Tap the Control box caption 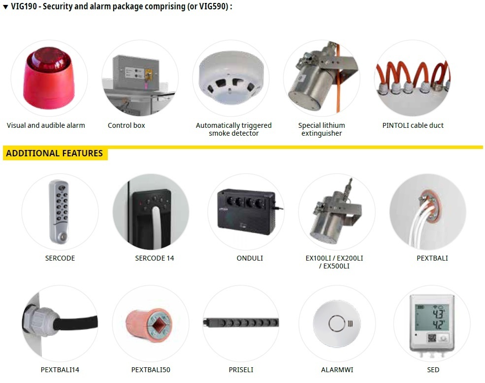click(127, 125)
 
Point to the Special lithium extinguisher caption click(322, 129)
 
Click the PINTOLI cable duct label click(413, 125)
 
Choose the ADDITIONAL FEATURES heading click(54, 153)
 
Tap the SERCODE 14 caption click(155, 258)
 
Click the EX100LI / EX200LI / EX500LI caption click(334, 262)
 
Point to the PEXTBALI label click(432, 258)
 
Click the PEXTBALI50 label click(151, 370)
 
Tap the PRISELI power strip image click(241, 323)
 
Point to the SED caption click(433, 370)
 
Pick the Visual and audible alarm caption click(46, 125)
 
